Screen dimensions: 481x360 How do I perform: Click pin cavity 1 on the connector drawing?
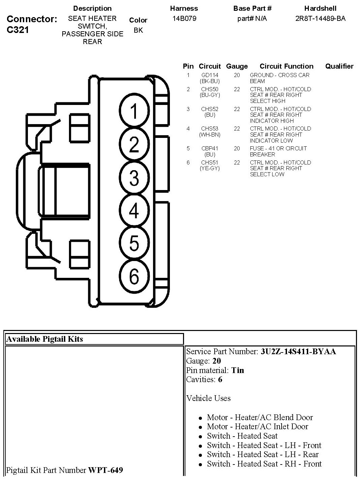click(x=134, y=111)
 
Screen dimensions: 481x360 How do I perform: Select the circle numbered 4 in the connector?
click(x=134, y=211)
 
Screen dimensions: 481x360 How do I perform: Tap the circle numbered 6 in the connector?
click(x=134, y=276)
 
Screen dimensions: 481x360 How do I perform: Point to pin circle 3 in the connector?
click(x=134, y=178)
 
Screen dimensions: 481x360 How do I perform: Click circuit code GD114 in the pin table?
click(x=210, y=75)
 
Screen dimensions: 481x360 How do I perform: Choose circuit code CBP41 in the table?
click(x=210, y=148)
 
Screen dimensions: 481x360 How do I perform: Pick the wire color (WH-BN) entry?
click(x=210, y=135)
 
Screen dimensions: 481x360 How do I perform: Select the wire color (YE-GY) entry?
click(x=210, y=168)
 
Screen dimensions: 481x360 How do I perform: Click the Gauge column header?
click(x=237, y=66)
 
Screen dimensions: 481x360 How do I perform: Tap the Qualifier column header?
click(x=339, y=66)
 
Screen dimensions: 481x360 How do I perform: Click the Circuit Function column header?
click(x=286, y=66)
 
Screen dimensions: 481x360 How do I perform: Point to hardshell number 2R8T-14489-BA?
click(x=320, y=18)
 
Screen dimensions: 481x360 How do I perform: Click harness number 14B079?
click(x=184, y=18)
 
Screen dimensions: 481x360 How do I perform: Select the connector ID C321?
click(x=18, y=30)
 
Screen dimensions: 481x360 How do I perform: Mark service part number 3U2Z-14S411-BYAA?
click(x=298, y=351)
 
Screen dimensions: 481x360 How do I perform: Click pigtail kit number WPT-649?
click(x=105, y=470)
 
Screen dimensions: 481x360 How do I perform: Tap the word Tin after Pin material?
click(x=238, y=370)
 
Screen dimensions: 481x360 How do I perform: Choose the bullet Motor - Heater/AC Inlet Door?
click(x=257, y=427)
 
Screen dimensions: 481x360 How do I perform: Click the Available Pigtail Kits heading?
click(x=44, y=339)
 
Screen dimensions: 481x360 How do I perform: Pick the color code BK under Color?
click(x=138, y=30)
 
